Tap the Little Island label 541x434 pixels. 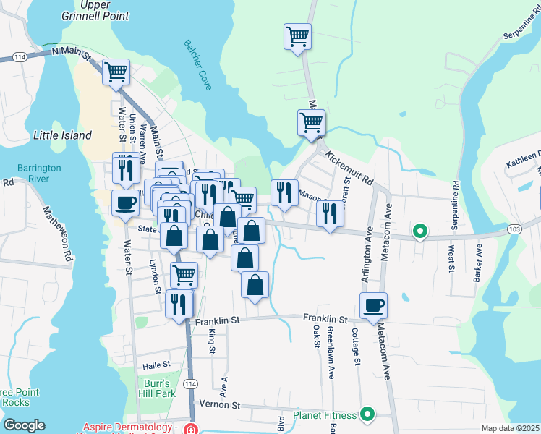63,135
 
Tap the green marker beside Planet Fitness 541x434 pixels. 367,414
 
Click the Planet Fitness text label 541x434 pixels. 325,415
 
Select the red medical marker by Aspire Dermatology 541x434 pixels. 190,428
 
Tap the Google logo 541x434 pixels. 24,425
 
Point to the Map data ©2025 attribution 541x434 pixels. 510,428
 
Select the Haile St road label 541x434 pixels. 156,365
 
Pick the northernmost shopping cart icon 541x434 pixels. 297,36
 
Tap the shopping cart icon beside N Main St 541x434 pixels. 116,72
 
